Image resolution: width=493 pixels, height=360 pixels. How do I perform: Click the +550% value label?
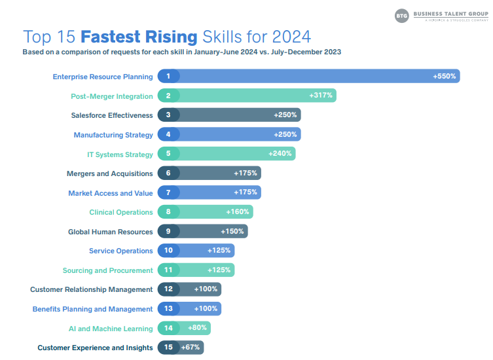(x=445, y=77)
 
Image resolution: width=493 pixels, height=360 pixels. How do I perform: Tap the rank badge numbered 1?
(x=168, y=77)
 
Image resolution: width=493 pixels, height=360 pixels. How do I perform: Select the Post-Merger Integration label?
(x=111, y=96)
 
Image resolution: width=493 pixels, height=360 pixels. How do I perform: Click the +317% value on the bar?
(x=321, y=96)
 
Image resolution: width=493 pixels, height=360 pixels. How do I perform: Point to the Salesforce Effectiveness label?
(x=111, y=115)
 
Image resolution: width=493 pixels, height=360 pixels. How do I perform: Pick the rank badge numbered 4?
(x=168, y=135)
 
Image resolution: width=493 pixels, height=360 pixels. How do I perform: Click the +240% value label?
(x=280, y=154)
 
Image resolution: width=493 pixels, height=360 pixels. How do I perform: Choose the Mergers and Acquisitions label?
(x=109, y=173)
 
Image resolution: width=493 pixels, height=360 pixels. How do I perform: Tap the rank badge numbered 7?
(x=168, y=193)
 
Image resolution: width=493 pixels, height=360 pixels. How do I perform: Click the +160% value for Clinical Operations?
(x=238, y=212)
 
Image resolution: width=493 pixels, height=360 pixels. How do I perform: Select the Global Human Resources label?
(x=110, y=232)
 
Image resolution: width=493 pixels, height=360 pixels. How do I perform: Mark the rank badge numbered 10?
(x=168, y=251)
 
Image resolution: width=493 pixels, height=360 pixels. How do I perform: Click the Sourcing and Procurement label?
(x=107, y=270)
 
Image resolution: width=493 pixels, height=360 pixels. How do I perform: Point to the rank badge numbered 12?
(x=168, y=289)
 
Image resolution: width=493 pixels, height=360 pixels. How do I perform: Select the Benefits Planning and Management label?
(x=92, y=309)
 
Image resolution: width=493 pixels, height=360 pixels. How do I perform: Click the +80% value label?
(x=198, y=329)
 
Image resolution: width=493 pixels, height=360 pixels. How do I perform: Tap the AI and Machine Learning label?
(x=111, y=329)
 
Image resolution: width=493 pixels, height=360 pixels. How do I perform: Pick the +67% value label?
(x=191, y=348)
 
